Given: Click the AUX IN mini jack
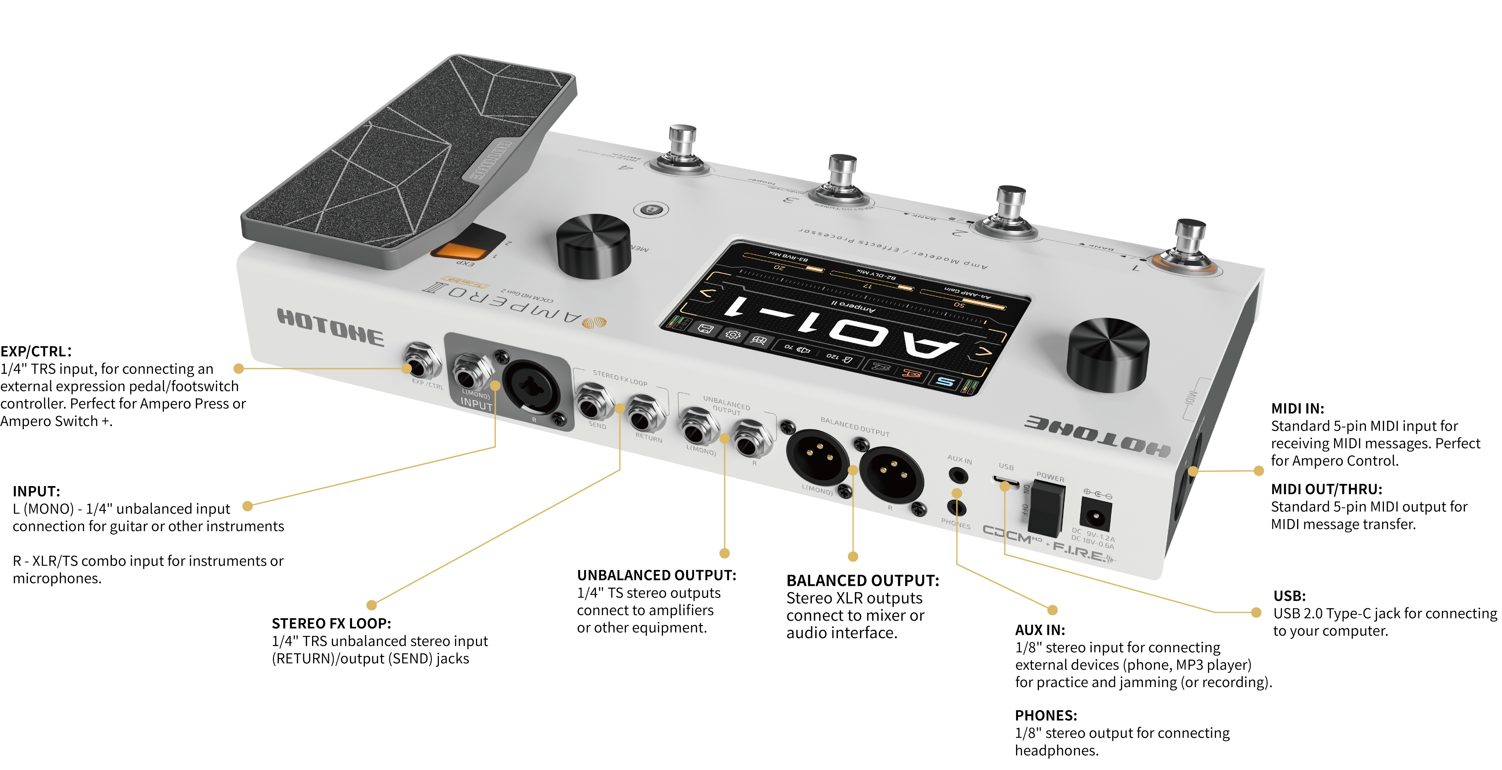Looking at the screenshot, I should point(957,475).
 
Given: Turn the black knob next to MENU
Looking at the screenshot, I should point(594,247).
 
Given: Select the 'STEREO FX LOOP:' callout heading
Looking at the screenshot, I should point(331,624).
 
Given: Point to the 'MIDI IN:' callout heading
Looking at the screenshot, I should point(1297,408).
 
